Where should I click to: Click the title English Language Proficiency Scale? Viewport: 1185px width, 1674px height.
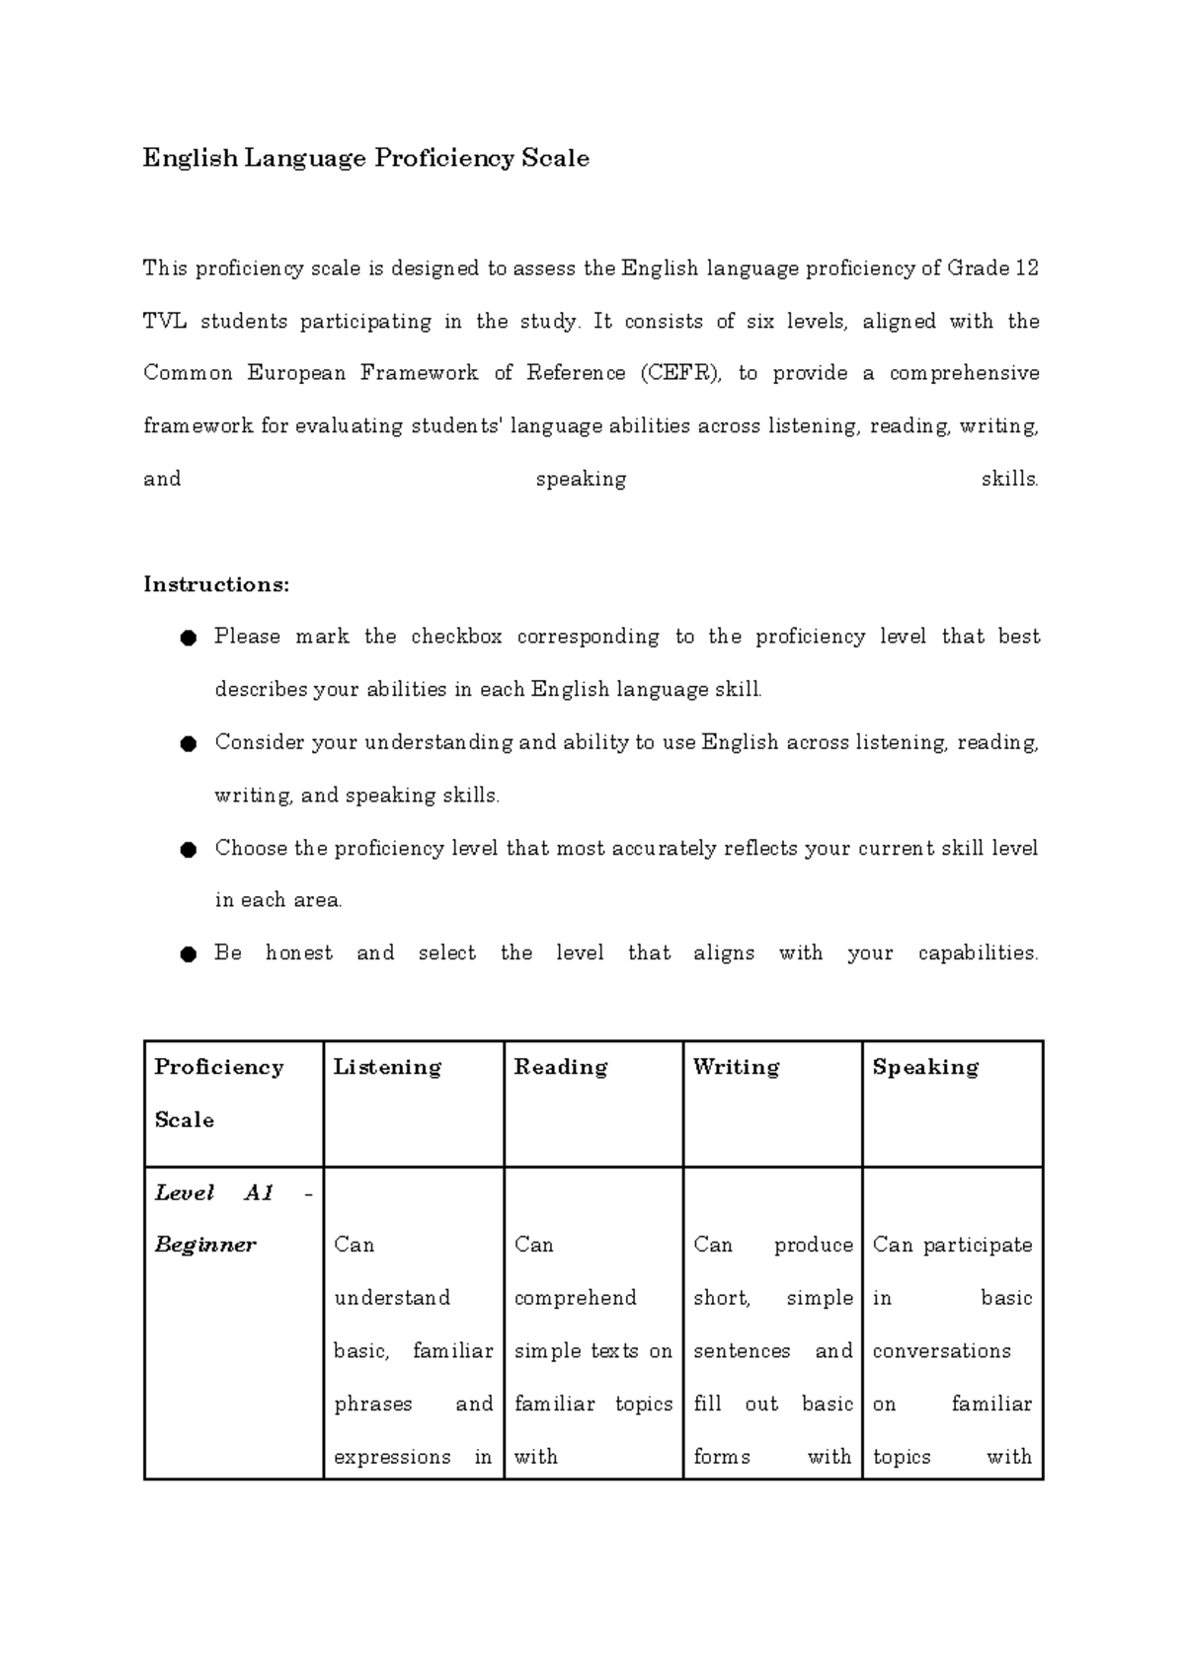point(365,158)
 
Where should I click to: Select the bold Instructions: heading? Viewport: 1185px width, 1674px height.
point(216,584)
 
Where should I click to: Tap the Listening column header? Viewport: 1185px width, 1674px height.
point(387,1067)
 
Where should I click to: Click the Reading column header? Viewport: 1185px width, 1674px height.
point(560,1067)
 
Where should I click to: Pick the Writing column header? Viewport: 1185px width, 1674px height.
point(736,1067)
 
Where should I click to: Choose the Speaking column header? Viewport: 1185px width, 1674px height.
point(925,1067)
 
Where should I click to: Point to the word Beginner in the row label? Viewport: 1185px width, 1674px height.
point(205,1245)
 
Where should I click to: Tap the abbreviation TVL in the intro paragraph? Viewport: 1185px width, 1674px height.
point(165,321)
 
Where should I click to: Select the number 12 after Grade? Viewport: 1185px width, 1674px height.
point(1026,268)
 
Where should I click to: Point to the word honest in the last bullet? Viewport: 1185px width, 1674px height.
point(299,953)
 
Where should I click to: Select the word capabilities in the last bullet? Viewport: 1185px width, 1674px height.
point(978,953)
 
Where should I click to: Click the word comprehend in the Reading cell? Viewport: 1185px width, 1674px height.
point(575,1298)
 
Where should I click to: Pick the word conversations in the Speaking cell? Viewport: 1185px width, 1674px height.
point(941,1351)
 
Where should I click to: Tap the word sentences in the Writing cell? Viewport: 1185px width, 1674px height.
point(742,1351)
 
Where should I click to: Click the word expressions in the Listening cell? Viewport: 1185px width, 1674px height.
point(392,1457)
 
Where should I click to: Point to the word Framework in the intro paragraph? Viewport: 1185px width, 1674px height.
point(419,373)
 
